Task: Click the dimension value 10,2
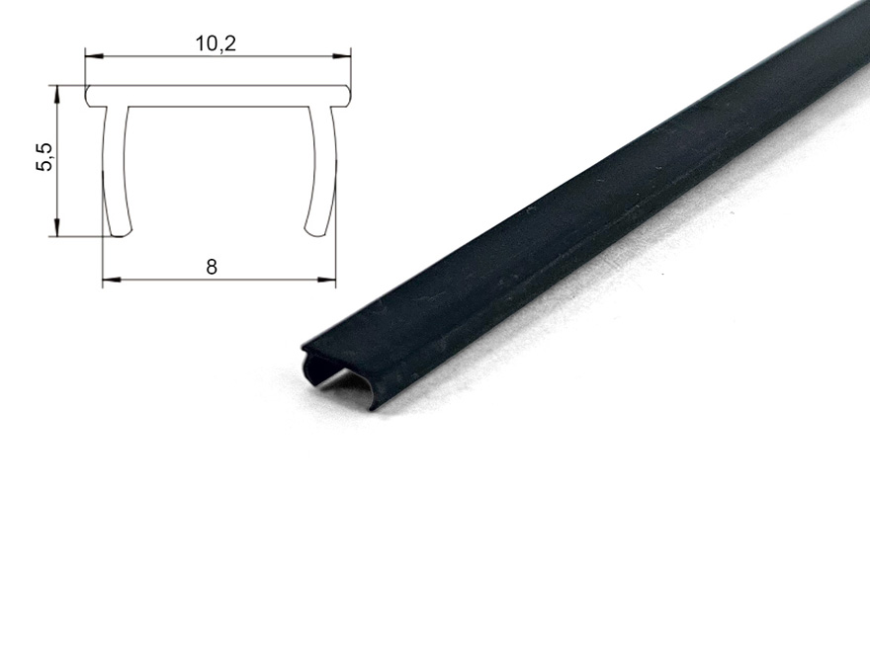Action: [x=216, y=43]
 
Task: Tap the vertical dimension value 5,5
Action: [x=44, y=157]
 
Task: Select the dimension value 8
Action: [x=212, y=268]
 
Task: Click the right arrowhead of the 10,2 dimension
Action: [x=341, y=56]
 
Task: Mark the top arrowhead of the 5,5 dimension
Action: [x=56, y=95]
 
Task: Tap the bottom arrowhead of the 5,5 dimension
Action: [x=56, y=227]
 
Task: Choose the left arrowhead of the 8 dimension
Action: [x=112, y=280]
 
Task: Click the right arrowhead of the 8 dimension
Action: [x=326, y=280]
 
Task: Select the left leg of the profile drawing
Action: [x=116, y=172]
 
